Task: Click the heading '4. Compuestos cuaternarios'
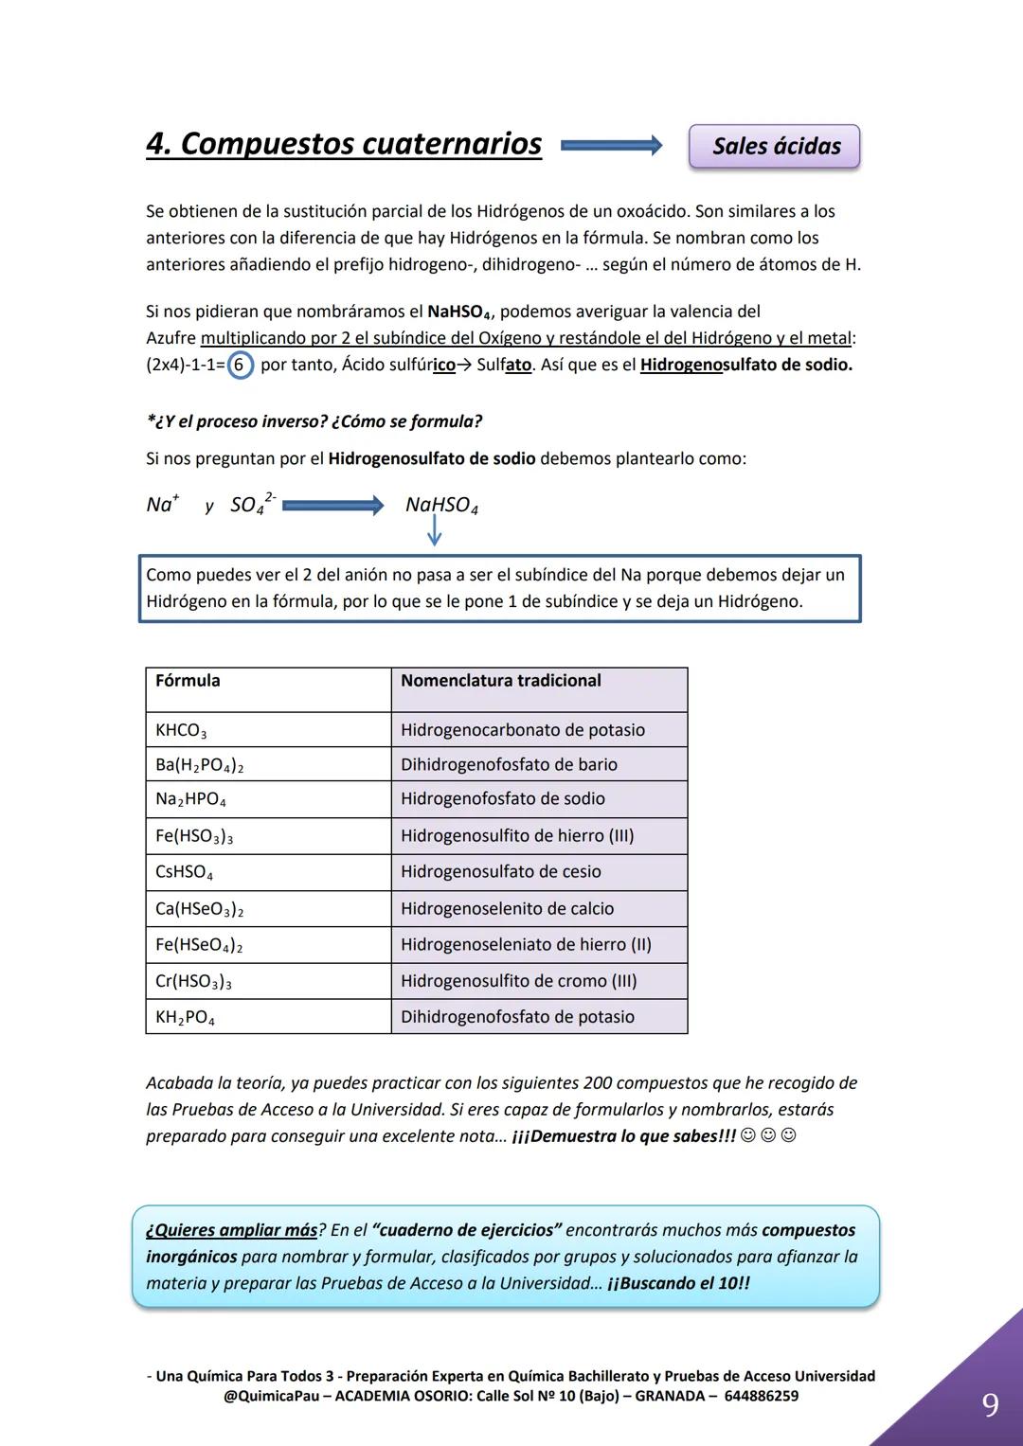point(344,144)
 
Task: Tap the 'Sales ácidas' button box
point(774,147)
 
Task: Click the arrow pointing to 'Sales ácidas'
point(611,146)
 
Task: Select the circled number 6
point(241,366)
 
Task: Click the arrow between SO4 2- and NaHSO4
point(332,506)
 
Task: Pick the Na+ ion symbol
point(162,505)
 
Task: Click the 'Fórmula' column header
point(268,688)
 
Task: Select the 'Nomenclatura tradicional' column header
point(539,688)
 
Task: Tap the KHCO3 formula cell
point(268,730)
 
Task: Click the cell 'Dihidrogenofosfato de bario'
point(539,764)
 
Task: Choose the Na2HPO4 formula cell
point(268,799)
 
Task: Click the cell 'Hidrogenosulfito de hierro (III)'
point(539,836)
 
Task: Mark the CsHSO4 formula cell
point(268,872)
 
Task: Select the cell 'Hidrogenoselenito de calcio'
point(539,909)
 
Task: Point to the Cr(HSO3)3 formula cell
point(268,981)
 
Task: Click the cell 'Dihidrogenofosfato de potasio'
point(539,1017)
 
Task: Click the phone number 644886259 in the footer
point(761,1396)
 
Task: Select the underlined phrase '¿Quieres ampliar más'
point(232,1230)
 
